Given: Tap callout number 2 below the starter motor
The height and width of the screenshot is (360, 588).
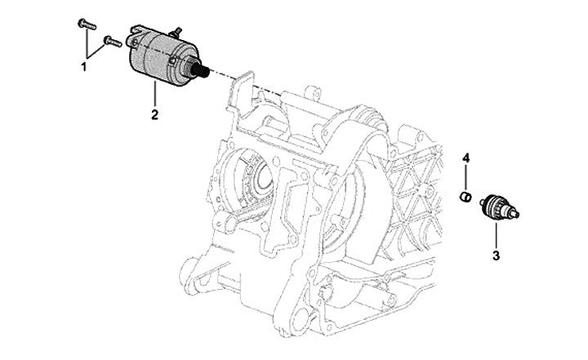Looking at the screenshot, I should tap(154, 113).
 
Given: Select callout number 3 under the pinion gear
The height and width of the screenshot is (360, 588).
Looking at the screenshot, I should tap(495, 254).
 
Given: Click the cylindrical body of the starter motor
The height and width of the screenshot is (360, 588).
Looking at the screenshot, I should tap(155, 57).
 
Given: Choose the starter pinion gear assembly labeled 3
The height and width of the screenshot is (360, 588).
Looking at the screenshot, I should tap(493, 207).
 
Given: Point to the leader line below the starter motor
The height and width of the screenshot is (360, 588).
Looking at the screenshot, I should tap(154, 93).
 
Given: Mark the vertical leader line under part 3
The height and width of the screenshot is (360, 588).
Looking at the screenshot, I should tap(495, 233).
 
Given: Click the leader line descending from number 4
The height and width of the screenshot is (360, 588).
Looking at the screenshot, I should tap(466, 176).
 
